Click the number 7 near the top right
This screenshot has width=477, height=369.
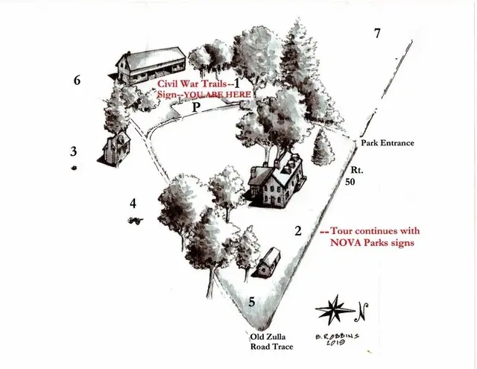coord(378,33)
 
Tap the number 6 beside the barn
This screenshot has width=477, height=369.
coord(78,81)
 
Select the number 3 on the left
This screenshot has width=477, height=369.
coord(73,151)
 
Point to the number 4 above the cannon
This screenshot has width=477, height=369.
coord(133,204)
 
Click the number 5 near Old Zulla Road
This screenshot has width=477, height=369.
coord(252,302)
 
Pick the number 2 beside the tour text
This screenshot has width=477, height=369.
coord(298,231)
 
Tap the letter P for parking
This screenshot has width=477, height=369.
coord(197,107)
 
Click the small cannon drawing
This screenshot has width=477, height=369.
coord(136,221)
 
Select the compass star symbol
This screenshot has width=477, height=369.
coord(335,310)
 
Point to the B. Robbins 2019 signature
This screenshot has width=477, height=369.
coord(337,339)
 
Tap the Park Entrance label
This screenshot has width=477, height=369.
coord(388,142)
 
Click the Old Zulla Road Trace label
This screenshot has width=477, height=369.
coord(271,341)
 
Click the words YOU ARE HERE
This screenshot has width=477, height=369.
coord(218,95)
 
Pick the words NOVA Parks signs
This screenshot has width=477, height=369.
coord(372,243)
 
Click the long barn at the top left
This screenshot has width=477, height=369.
coord(151,65)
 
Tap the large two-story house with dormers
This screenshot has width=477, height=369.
coord(277,180)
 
